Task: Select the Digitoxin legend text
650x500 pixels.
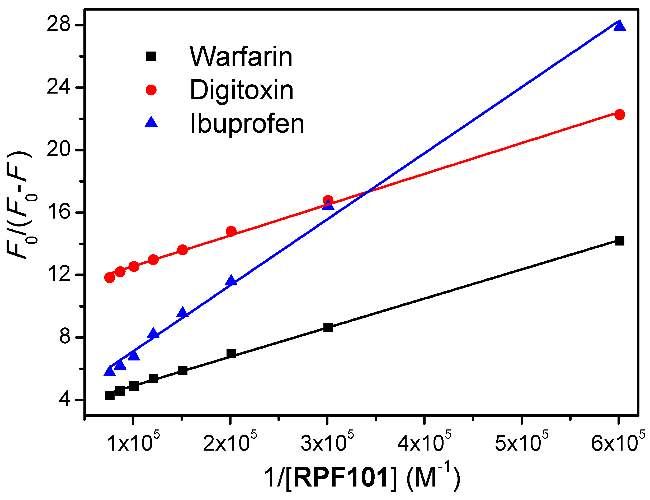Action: pos(242,90)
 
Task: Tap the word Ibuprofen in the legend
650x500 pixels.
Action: pos(247,123)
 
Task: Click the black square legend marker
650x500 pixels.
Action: pos(151,56)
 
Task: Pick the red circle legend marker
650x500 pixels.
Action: pos(151,90)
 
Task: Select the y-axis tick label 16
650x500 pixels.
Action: pos(59,212)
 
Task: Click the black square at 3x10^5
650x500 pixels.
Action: pos(328,327)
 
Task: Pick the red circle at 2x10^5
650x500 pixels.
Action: pos(231,231)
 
